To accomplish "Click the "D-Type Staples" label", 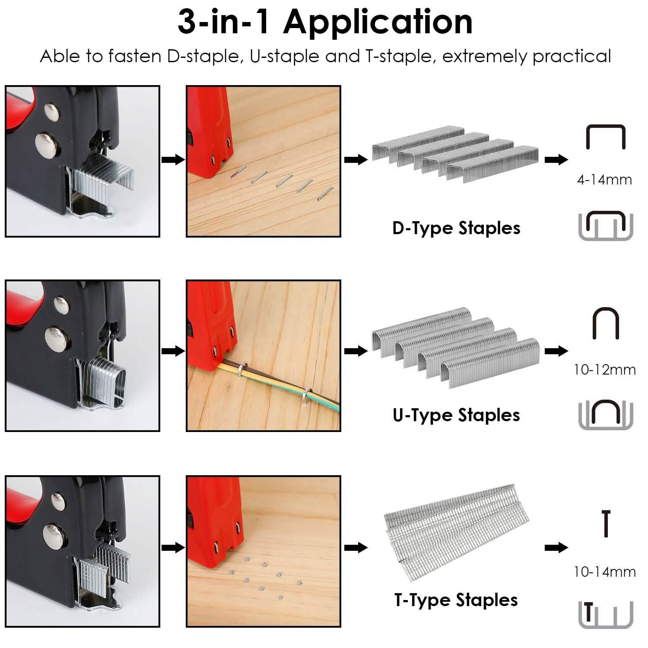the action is [x=456, y=228].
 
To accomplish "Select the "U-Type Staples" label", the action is [x=456, y=415].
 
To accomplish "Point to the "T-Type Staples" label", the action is [x=456, y=600].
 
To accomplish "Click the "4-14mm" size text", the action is [x=604, y=180].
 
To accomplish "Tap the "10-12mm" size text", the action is [x=604, y=370].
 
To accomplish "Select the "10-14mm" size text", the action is [x=604, y=572].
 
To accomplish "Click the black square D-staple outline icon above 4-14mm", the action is [x=605, y=137].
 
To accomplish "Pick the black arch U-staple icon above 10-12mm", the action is [x=606, y=323].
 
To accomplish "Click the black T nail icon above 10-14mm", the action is [x=606, y=523].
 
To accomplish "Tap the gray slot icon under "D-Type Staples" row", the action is [x=606, y=226].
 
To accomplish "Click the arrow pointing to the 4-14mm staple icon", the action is [x=556, y=160].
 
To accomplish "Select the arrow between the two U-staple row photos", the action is [x=173, y=351].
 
